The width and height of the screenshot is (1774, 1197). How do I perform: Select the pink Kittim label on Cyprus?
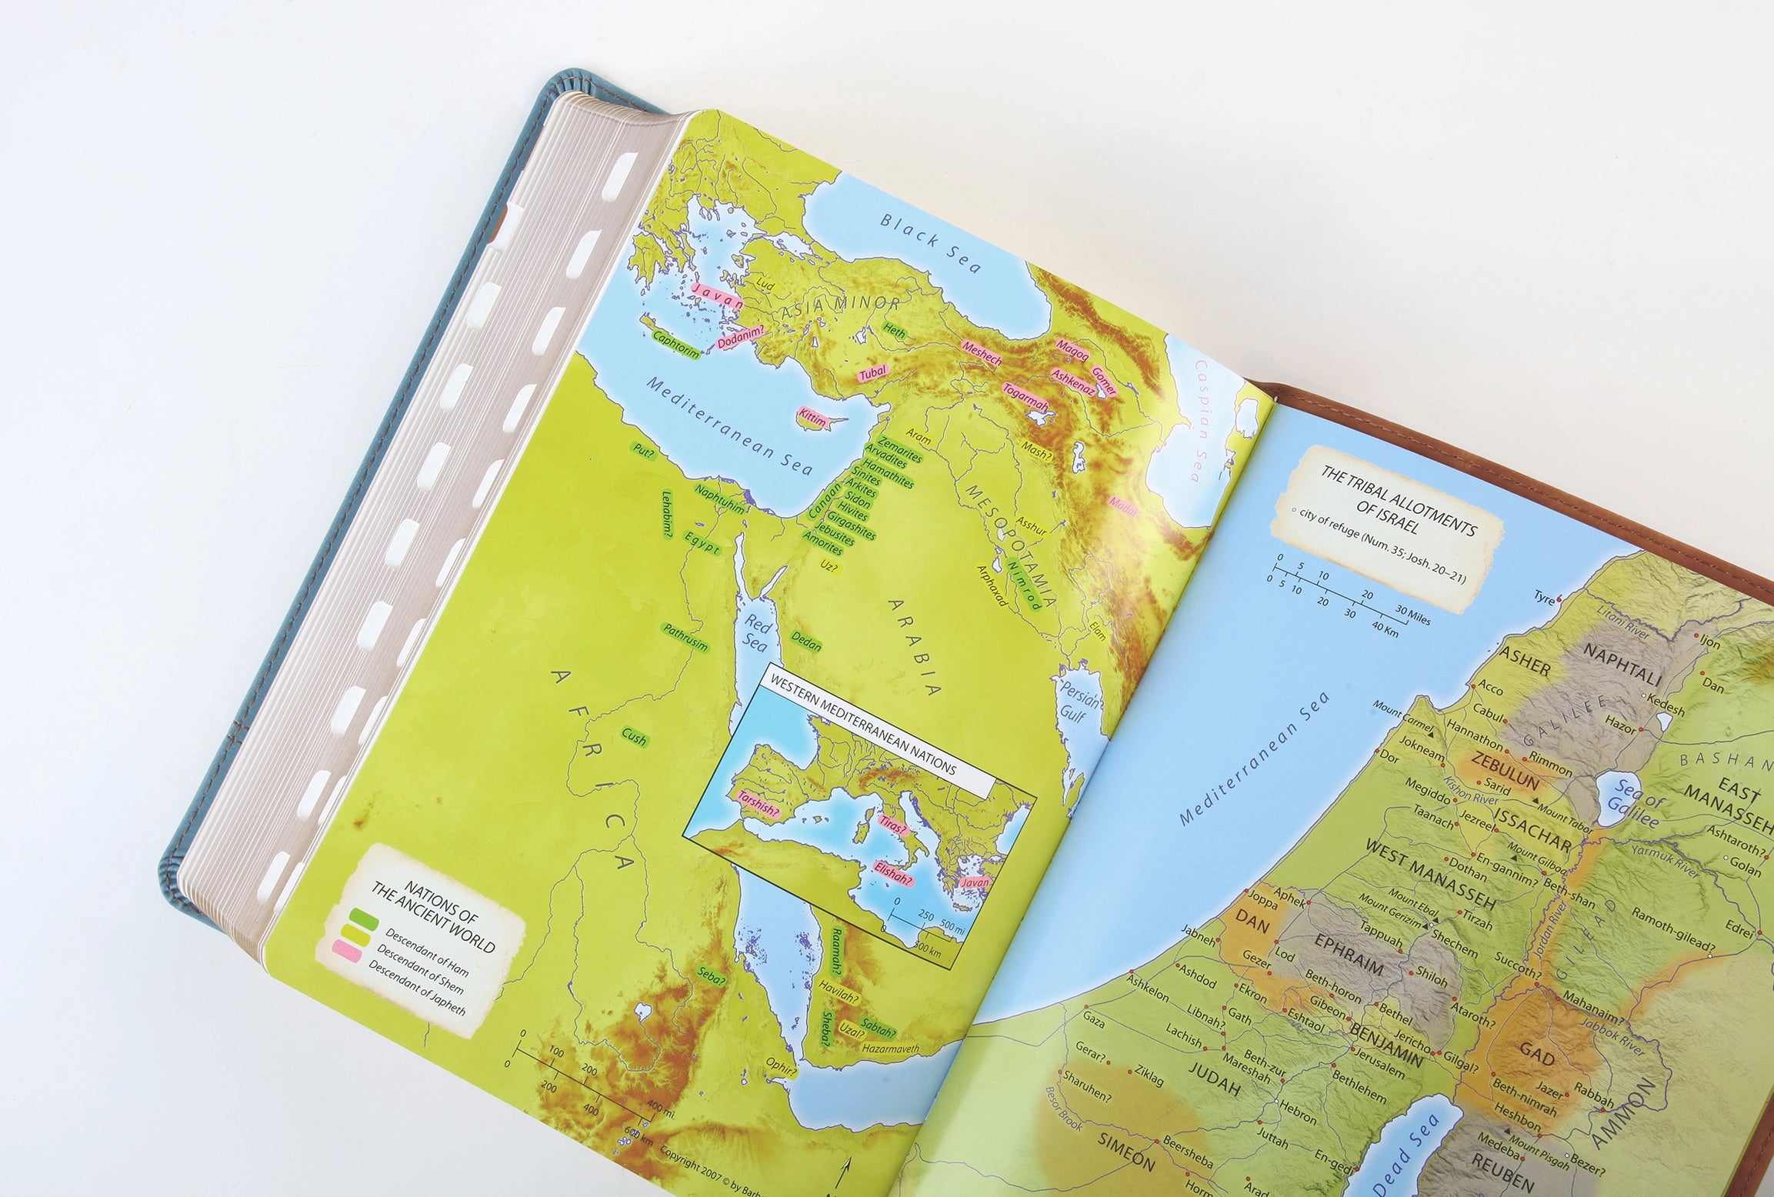tap(812, 418)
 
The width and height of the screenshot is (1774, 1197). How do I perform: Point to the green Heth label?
tap(895, 332)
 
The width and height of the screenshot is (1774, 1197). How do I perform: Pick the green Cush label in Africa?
tap(635, 737)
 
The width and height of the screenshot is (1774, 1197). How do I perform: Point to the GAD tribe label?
tap(1539, 1059)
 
